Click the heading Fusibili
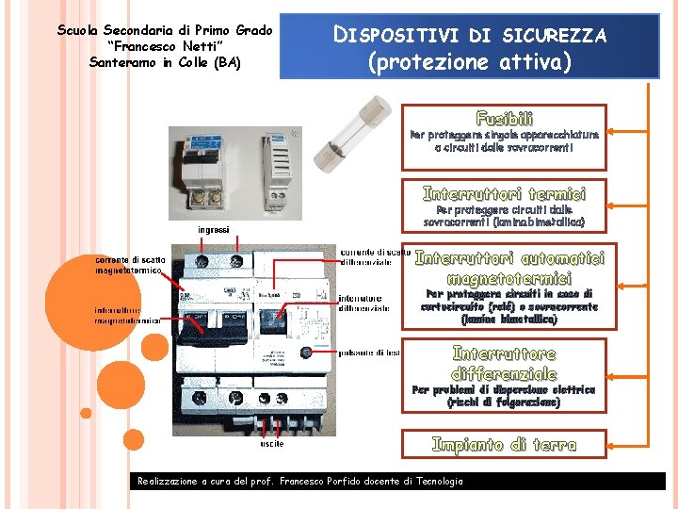[x=504, y=119]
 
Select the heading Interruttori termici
[x=504, y=193]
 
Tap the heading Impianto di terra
[x=504, y=444]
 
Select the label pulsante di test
[x=368, y=353]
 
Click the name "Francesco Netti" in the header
[x=165, y=46]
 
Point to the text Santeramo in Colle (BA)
[x=165, y=62]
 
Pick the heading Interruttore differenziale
[x=504, y=363]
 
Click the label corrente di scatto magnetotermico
[x=129, y=265]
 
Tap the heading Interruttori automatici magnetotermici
[x=509, y=268]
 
